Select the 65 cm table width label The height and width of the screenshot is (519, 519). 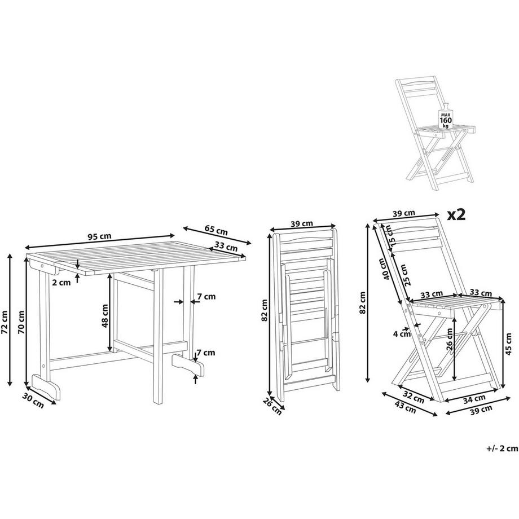click(216, 230)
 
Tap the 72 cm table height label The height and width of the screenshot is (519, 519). click(6, 322)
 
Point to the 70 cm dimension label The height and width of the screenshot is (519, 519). click(22, 322)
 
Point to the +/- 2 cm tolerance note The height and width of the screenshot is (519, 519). click(501, 448)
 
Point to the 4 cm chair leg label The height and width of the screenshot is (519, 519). click(402, 333)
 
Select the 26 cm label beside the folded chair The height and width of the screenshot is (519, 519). click(272, 407)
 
